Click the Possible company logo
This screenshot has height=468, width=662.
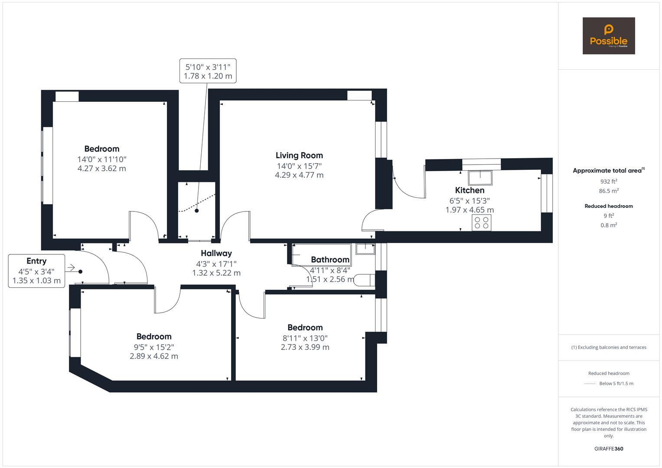pyautogui.click(x=608, y=36)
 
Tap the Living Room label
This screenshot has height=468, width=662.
pyautogui.click(x=299, y=155)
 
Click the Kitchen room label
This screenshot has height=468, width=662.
pyautogui.click(x=470, y=190)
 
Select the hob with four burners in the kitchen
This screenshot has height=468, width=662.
pyautogui.click(x=481, y=223)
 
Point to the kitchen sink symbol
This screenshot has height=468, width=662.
pyautogui.click(x=480, y=178)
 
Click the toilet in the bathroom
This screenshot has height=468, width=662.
pyautogui.click(x=364, y=280)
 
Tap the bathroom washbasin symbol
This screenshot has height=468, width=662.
pyautogui.click(x=365, y=248)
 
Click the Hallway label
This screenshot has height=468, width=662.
pyautogui.click(x=216, y=253)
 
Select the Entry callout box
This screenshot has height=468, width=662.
pyautogui.click(x=36, y=271)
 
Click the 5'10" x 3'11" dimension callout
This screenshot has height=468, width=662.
pyautogui.click(x=208, y=71)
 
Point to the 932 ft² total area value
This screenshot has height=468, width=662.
pyautogui.click(x=609, y=182)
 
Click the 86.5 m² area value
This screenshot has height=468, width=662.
pyautogui.click(x=609, y=191)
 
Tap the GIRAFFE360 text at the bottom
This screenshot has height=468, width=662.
pyautogui.click(x=609, y=448)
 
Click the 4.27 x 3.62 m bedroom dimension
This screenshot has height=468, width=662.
pyautogui.click(x=102, y=169)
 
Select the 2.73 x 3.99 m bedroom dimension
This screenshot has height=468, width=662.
pyautogui.click(x=305, y=347)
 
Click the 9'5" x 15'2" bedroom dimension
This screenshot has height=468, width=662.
pyautogui.click(x=154, y=347)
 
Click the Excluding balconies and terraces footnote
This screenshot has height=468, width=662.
pyautogui.click(x=609, y=347)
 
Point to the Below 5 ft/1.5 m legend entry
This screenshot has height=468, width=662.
pyautogui.click(x=616, y=383)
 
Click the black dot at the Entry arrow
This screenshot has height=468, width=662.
pyautogui.click(x=81, y=272)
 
